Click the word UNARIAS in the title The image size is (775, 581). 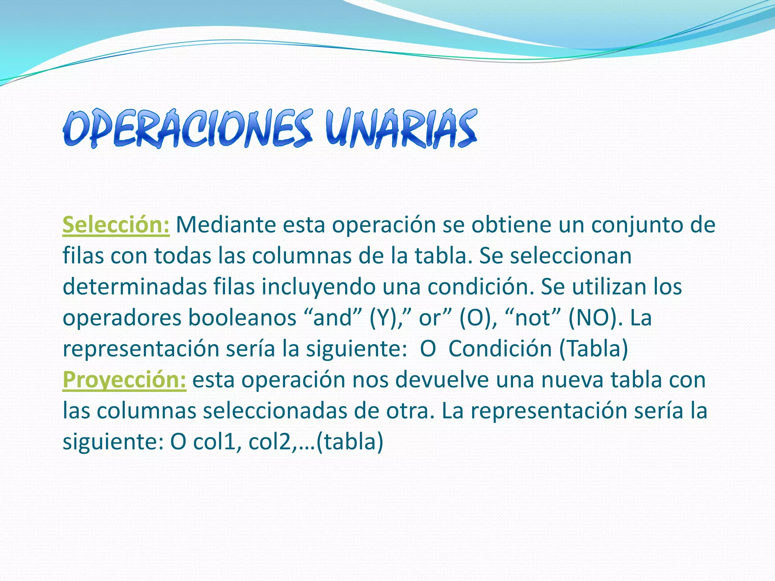tap(401, 128)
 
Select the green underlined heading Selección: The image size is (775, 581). tap(116, 225)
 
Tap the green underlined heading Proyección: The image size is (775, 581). tap(124, 380)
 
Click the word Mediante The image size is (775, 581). tap(226, 225)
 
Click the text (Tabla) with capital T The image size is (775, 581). tap(593, 349)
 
